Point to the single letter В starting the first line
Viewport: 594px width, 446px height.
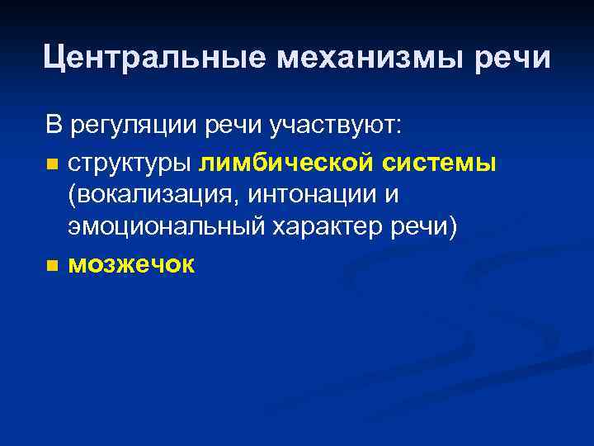[54, 127]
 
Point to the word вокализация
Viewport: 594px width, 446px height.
[148, 197]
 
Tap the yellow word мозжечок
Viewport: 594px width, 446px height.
[132, 265]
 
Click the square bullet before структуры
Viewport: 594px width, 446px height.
[53, 165]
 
